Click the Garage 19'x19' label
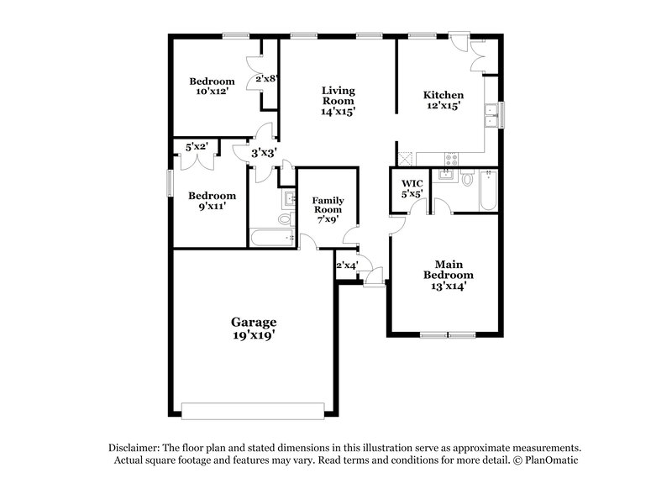[x=254, y=328]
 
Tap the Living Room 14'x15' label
[x=338, y=100]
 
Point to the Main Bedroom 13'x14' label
[x=448, y=274]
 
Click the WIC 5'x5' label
[x=412, y=187]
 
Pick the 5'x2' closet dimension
[x=197, y=147]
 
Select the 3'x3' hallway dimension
[x=265, y=153]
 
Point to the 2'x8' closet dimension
[x=266, y=79]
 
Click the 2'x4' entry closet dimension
[x=346, y=266]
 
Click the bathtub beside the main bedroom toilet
[x=488, y=192]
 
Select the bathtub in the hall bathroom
[x=269, y=238]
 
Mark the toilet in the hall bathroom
[x=285, y=219]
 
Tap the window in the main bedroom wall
[x=446, y=334]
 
